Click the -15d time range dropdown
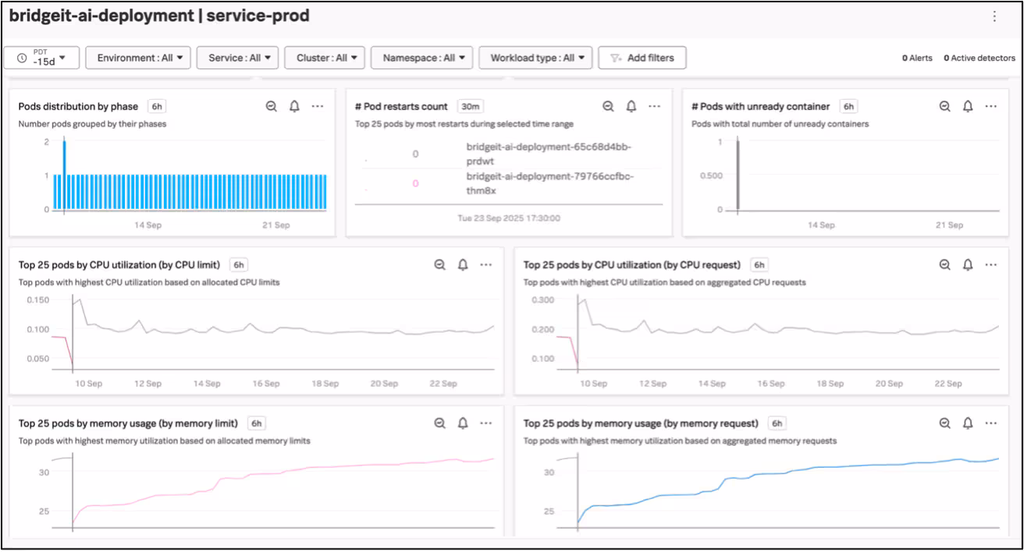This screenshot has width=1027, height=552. [x=41, y=58]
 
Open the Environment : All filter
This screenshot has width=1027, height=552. [x=138, y=58]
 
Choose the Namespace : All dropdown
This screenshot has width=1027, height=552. [x=421, y=58]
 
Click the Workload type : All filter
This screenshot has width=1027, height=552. [x=535, y=58]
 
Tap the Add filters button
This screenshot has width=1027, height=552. [x=641, y=58]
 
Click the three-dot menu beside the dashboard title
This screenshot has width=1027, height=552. [x=994, y=16]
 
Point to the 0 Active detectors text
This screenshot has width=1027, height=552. [x=979, y=58]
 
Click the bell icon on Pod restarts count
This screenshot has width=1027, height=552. [x=631, y=106]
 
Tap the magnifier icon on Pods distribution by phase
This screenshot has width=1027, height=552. [x=272, y=106]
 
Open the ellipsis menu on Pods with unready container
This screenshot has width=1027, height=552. [x=990, y=106]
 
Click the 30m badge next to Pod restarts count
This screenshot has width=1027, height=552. [x=470, y=106]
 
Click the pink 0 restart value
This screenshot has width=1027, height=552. [x=415, y=183]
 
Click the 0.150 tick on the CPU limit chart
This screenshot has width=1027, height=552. [x=37, y=300]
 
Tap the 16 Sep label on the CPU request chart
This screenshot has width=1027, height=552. [x=771, y=384]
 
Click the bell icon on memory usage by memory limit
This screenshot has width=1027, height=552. [x=463, y=423]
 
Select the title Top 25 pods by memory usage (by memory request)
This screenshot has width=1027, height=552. [x=641, y=423]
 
